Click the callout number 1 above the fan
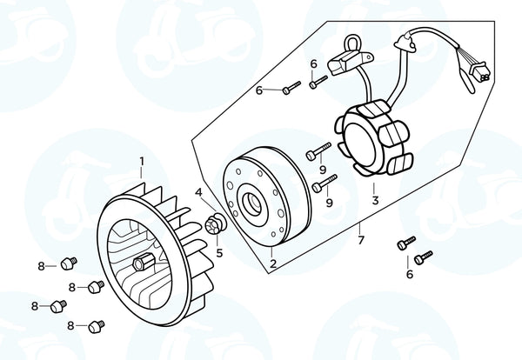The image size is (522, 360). point(142,162)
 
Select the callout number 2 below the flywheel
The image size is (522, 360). point(273,263)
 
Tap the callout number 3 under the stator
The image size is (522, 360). point(375,201)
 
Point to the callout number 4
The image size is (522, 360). point(198,192)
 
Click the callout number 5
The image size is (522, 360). point(219,253)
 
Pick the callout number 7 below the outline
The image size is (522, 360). point(361,240)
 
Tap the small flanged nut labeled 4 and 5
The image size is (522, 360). point(215,223)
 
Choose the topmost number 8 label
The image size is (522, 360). point(41,266)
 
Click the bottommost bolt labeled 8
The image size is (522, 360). point(97,326)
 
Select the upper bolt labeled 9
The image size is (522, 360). point(318,151)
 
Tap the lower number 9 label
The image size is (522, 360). point(329,203)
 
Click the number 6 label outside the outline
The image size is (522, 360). point(410,274)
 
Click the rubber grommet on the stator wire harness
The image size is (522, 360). point(405,43)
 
